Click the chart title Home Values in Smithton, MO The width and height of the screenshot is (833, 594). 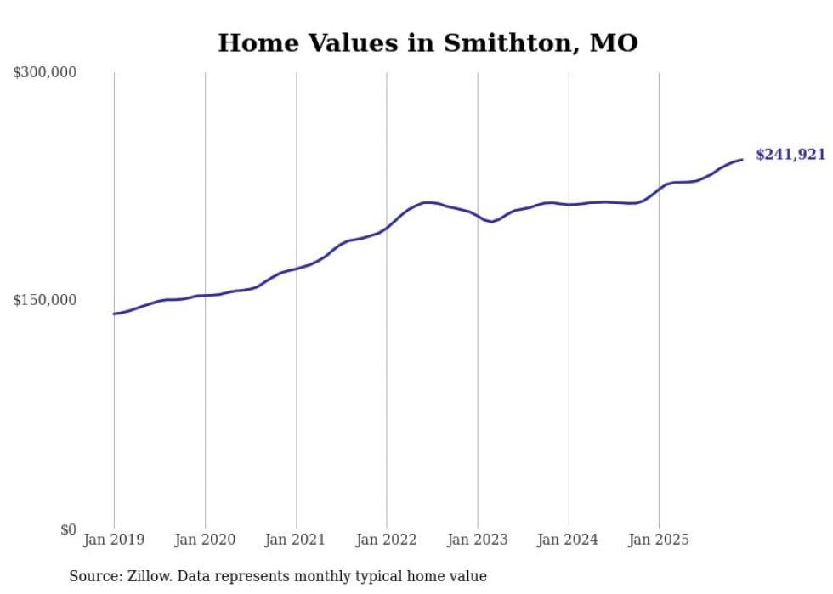(x=428, y=42)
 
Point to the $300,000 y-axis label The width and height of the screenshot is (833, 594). (x=45, y=73)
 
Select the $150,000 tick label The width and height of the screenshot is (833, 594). (x=45, y=300)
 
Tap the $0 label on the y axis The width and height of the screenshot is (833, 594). (x=68, y=529)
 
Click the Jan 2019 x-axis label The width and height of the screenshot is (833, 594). (x=114, y=540)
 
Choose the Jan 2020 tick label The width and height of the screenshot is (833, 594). (x=205, y=540)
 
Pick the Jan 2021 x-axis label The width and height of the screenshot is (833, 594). (x=296, y=540)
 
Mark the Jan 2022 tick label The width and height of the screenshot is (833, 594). (x=387, y=540)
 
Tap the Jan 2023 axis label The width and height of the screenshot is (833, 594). (x=478, y=540)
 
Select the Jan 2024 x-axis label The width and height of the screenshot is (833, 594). (x=569, y=540)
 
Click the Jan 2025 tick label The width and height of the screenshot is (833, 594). (x=660, y=540)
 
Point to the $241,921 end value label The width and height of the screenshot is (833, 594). (x=790, y=155)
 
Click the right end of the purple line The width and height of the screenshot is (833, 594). (x=742, y=160)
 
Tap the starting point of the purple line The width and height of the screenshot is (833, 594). (x=114, y=314)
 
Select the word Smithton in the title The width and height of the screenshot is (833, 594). (x=487, y=42)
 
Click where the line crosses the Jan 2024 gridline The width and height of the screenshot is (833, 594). (x=569, y=204)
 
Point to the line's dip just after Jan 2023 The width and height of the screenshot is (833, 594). (x=492, y=222)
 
